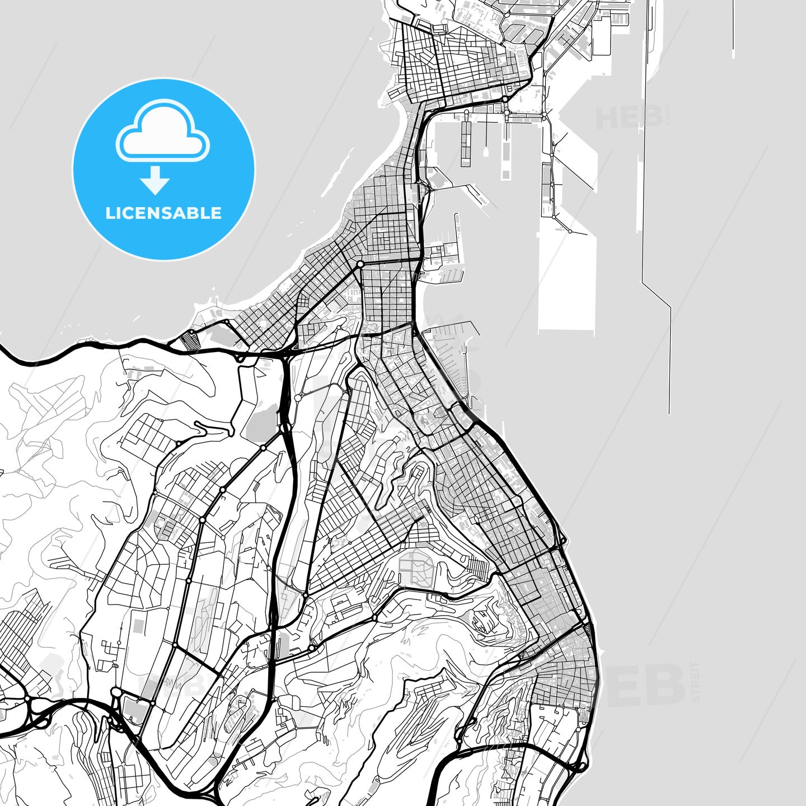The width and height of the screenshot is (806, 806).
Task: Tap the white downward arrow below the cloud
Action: [x=155, y=181]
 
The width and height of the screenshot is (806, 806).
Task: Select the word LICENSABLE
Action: [x=163, y=213]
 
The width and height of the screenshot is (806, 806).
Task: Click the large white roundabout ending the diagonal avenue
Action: [x=360, y=264]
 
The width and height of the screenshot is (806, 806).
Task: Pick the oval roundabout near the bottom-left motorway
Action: [x=116, y=693]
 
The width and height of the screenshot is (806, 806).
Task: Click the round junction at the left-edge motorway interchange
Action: [x=26, y=699]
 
